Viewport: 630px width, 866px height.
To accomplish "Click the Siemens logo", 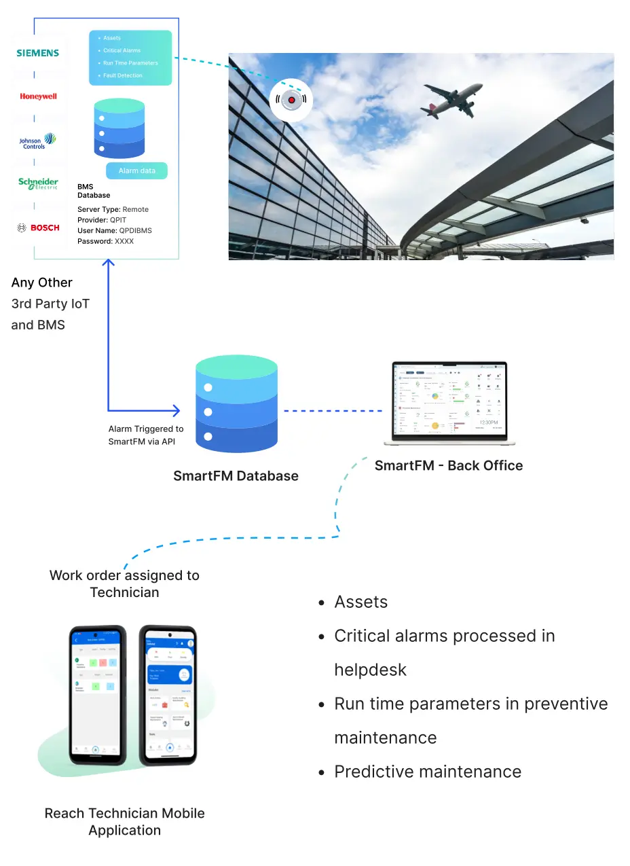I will pos(38,53).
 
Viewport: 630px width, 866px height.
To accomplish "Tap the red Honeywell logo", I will pos(38,96).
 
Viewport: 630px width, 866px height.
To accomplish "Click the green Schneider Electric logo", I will pos(38,183).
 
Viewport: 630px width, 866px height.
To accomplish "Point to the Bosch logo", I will pos(38,228).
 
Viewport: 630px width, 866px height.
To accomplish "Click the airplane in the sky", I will pos(451,99).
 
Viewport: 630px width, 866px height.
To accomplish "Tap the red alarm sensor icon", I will pos(291,101).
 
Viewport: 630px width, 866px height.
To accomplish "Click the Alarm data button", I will pos(137,170).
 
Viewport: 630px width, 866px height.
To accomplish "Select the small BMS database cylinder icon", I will pos(119,128).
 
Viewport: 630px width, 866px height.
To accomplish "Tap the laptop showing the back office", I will pos(449,403).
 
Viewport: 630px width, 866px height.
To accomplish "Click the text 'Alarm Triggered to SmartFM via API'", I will pos(146,435).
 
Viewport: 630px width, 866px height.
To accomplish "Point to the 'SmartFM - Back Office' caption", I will pos(449,465).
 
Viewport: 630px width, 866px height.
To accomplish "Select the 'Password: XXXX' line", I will pos(106,241).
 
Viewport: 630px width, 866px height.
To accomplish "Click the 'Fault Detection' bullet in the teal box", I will pos(123,75).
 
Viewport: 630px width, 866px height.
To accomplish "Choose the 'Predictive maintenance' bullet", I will pos(428,772).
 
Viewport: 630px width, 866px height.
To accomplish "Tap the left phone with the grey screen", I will pos(98,694).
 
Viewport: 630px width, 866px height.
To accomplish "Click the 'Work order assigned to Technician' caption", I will pos(125,583).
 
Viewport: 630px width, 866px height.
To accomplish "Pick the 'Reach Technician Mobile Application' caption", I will pos(125,821).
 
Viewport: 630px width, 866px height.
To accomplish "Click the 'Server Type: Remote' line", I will pos(113,209).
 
